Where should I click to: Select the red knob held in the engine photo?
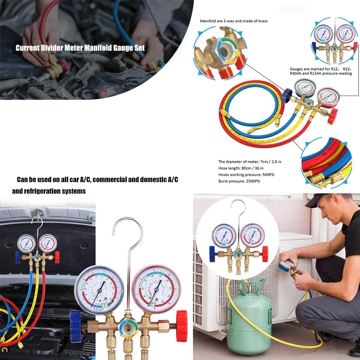pyautogui.click(x=64, y=65)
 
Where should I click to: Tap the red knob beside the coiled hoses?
pyautogui.click(x=332, y=116)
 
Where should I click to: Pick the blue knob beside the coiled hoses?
pyautogui.click(x=287, y=96)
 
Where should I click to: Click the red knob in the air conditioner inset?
pyautogui.click(x=265, y=254)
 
